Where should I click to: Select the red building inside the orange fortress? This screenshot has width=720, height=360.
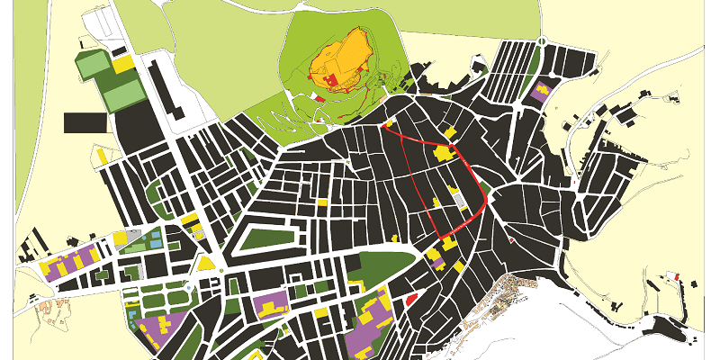point(330,81)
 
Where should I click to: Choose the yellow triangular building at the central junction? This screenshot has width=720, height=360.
point(206,263)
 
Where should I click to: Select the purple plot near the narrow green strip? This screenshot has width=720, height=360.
point(541,92)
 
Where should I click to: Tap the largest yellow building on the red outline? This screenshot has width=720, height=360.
point(444,154)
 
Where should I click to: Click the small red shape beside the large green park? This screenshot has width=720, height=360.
point(410,298)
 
